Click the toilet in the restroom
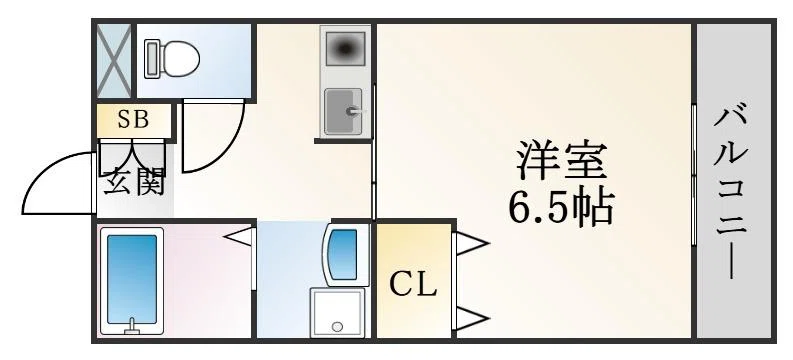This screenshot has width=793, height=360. (172, 59)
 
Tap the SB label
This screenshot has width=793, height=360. (133, 119)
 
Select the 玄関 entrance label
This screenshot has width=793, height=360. (135, 182)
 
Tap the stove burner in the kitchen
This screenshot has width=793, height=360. (345, 49)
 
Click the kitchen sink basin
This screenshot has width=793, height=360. (343, 111)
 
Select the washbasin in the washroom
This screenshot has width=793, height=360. (344, 255)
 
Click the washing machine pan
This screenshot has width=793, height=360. (337, 312)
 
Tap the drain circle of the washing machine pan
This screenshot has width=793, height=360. (337, 327)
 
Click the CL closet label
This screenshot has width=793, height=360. (413, 285)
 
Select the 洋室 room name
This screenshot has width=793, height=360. (561, 161)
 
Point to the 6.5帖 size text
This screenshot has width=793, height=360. (561, 207)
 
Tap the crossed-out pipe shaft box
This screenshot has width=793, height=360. (114, 61)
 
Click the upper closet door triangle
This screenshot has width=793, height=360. (472, 244)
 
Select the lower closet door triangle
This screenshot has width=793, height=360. (472, 319)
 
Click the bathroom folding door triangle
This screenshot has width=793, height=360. (238, 237)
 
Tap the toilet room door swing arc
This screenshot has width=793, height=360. (228, 151)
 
